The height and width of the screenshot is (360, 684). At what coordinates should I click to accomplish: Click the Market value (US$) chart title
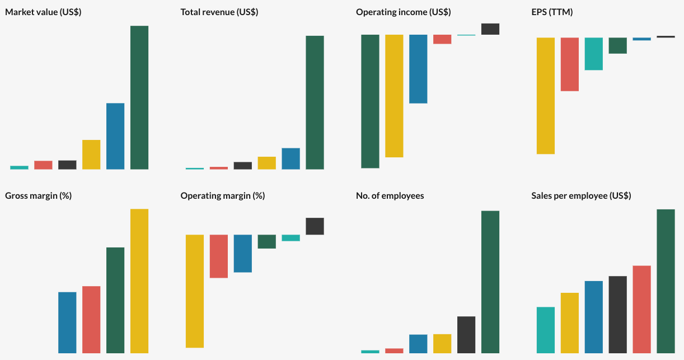pyautogui.click(x=43, y=12)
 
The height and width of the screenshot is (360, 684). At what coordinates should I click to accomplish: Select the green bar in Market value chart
pyautogui.click(x=139, y=97)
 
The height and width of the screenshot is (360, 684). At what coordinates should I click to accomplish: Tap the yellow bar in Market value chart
pyautogui.click(x=91, y=155)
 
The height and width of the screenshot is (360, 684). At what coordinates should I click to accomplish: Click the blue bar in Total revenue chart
pyautogui.click(x=291, y=158)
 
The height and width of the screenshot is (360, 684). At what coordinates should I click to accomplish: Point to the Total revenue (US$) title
pyautogui.click(x=219, y=12)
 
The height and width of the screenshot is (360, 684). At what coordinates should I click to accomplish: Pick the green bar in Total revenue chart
pyautogui.click(x=315, y=102)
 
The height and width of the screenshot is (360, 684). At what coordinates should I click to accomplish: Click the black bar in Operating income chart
pyautogui.click(x=490, y=29)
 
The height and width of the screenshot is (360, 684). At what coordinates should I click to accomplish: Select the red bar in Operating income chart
pyautogui.click(x=442, y=39)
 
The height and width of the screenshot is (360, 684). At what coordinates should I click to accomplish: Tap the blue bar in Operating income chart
pyautogui.click(x=418, y=69)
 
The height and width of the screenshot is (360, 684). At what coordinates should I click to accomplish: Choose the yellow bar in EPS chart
pyautogui.click(x=546, y=96)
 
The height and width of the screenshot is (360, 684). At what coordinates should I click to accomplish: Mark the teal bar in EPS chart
pyautogui.click(x=594, y=54)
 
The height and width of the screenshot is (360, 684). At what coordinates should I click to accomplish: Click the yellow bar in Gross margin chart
pyautogui.click(x=139, y=281)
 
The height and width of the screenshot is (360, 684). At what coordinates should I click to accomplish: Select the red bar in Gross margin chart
pyautogui.click(x=91, y=320)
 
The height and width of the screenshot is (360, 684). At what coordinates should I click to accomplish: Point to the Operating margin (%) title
pyautogui.click(x=223, y=196)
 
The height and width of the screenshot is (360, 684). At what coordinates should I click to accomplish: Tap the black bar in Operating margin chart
pyautogui.click(x=315, y=226)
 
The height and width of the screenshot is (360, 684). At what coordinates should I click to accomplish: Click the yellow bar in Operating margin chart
pyautogui.click(x=195, y=291)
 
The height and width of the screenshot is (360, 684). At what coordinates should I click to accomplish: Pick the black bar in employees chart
pyautogui.click(x=466, y=335)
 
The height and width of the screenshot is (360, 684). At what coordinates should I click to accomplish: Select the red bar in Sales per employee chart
pyautogui.click(x=641, y=309)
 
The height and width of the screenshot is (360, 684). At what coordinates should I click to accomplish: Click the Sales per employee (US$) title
pyautogui.click(x=581, y=196)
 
